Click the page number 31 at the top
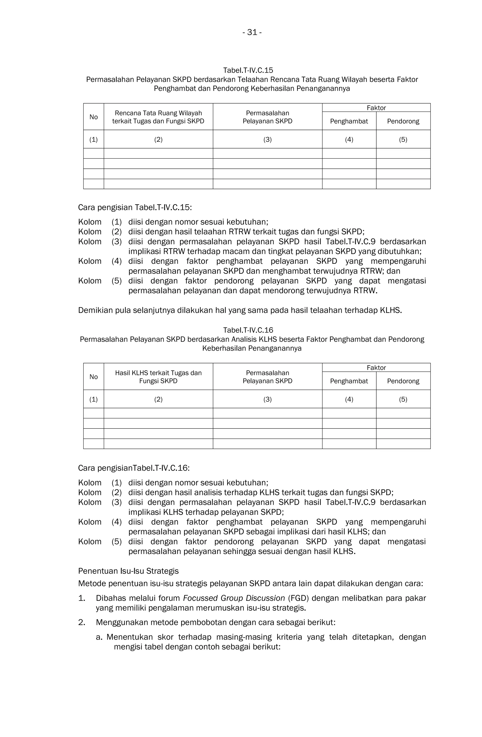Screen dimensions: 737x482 pos(252,32)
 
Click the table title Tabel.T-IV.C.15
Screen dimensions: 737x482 pos(248,70)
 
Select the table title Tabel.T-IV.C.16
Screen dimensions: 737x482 pos(248,330)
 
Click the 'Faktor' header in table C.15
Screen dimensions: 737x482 pos(376,108)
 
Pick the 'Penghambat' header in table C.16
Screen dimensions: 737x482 pos(349,381)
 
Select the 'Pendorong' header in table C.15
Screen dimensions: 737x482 pos(403,121)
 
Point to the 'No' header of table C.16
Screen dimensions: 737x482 pos(93,377)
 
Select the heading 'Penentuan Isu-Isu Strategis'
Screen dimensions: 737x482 pos(128,571)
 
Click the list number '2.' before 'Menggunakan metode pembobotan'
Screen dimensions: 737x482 pos(81,622)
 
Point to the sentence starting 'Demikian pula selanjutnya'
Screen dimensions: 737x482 pos(240,310)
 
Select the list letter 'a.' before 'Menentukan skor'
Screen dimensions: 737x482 pos(99,637)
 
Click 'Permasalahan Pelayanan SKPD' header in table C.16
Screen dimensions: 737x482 pos(267,377)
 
